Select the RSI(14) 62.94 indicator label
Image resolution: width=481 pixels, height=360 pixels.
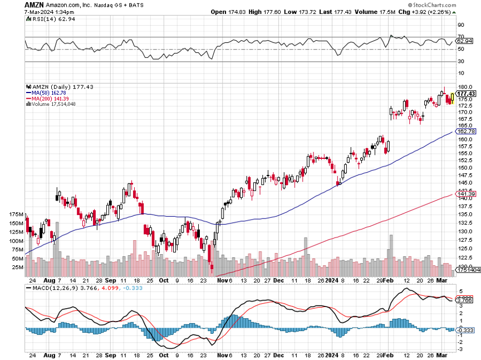[x=50, y=19]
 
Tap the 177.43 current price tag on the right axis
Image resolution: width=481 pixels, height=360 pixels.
[x=465, y=94]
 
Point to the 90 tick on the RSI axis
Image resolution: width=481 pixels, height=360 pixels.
[x=461, y=25]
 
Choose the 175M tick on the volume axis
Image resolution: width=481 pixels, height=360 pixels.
[x=17, y=215]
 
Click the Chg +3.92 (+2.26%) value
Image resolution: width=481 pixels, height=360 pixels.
[x=430, y=12]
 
